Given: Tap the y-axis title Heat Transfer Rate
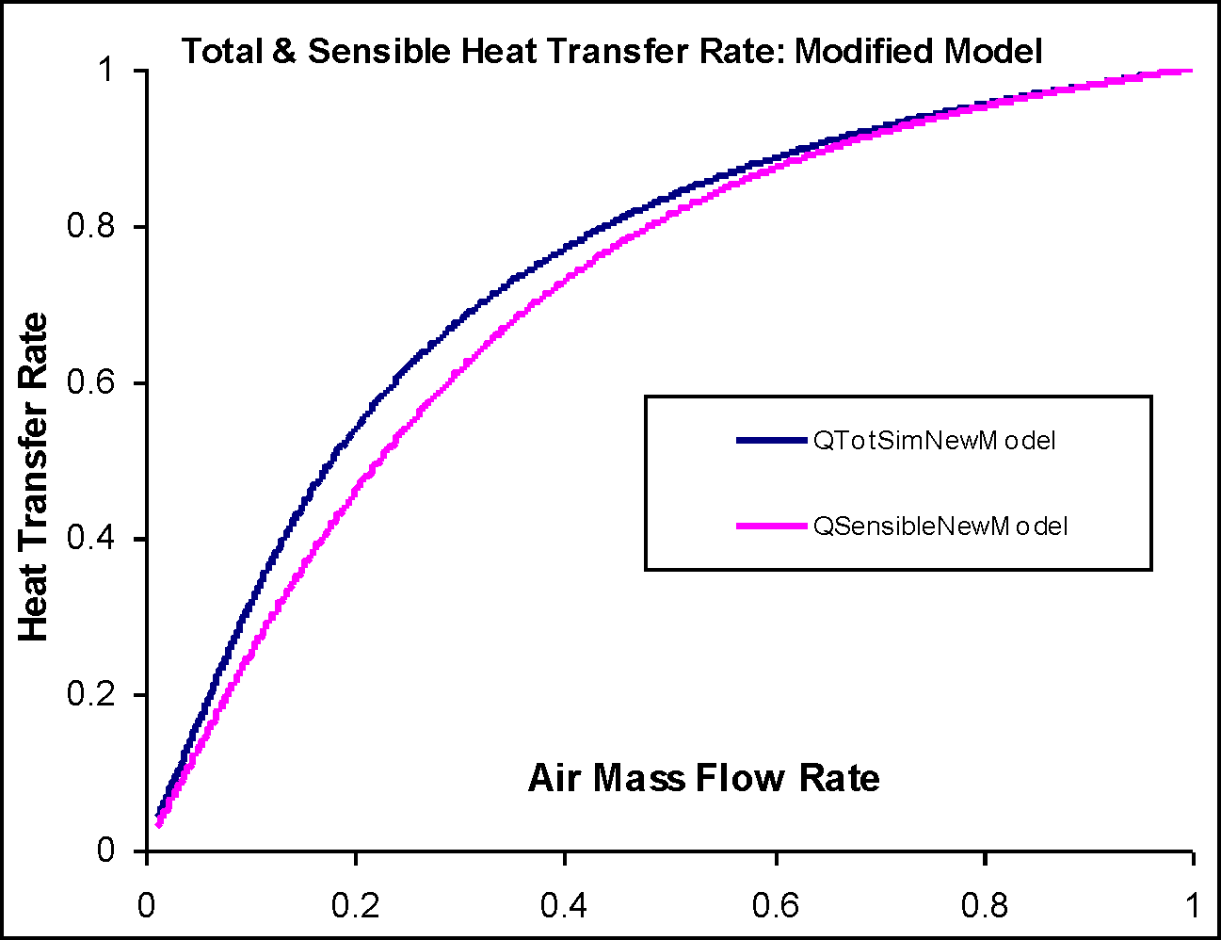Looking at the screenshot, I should [34, 478].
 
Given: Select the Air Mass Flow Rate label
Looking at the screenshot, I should [703, 778].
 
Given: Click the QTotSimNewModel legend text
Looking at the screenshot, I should [934, 440].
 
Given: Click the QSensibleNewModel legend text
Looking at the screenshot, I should [940, 526].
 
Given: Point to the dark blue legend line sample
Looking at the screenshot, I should [772, 440].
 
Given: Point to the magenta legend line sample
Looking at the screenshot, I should [772, 526].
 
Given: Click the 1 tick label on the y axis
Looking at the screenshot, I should [106, 72].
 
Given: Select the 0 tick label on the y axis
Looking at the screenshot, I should [105, 851].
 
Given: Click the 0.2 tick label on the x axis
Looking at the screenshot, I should [355, 906].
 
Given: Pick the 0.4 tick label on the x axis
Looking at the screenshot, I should [564, 906].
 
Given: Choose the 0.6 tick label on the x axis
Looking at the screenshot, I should [776, 906].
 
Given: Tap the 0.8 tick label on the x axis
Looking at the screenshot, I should [985, 906].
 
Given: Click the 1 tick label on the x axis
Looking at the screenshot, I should [1193, 906].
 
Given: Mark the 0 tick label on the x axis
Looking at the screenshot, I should [147, 906].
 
